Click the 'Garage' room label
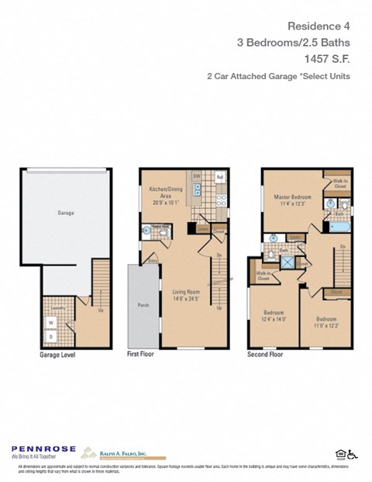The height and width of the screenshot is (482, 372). pos(65,212)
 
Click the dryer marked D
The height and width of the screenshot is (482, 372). pos(51,336)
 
